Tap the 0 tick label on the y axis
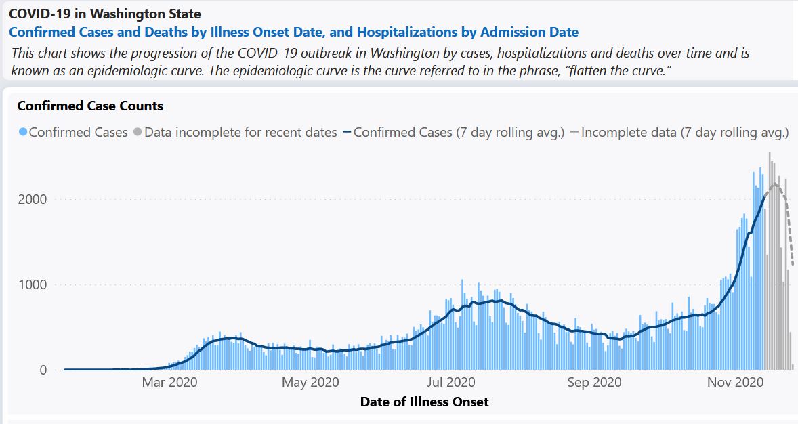coord(43,370)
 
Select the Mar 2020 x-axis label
coord(169,383)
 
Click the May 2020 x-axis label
coord(310,383)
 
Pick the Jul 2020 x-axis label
coord(451,383)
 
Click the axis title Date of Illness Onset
coord(424,402)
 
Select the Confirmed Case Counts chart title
coord(90,106)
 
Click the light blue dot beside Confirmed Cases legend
coord(22,133)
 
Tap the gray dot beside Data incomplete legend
coord(138,133)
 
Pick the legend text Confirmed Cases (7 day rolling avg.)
coord(459,133)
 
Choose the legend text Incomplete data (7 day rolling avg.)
coord(685,133)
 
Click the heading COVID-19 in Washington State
coord(104,14)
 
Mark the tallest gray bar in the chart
coord(770,257)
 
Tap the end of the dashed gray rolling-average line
coord(793,265)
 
